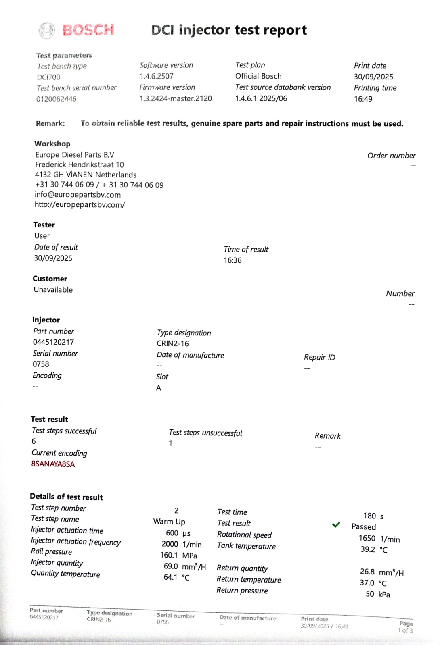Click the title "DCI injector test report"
point(229,30)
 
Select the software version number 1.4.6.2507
point(157,76)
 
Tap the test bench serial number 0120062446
point(56,99)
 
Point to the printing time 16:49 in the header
point(363,99)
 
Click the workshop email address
point(78,195)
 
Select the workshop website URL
point(80,204)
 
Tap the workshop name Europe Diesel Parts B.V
point(75,155)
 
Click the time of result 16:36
point(233,260)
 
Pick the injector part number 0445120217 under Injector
point(53,342)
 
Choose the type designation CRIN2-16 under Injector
point(173,343)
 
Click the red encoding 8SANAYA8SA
point(53,464)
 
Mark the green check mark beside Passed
point(336,525)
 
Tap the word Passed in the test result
point(363,527)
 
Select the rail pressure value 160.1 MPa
point(178,556)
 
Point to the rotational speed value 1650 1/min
point(379,539)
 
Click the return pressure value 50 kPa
point(378,594)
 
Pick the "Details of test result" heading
point(66,497)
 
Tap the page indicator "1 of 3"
point(405,630)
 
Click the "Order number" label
point(391,156)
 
